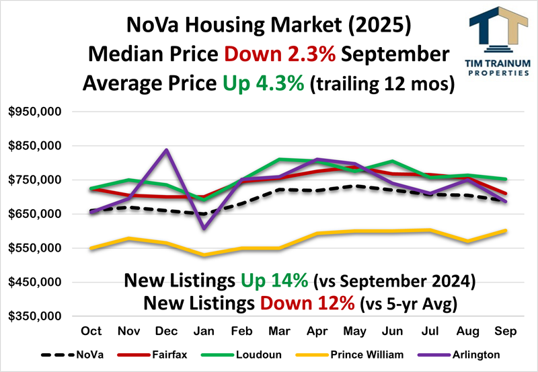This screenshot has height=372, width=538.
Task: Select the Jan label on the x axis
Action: click(x=204, y=332)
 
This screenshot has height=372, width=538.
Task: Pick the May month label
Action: click(x=354, y=332)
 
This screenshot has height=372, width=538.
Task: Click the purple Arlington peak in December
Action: click(x=167, y=150)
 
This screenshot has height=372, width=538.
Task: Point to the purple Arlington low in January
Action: click(x=204, y=228)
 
